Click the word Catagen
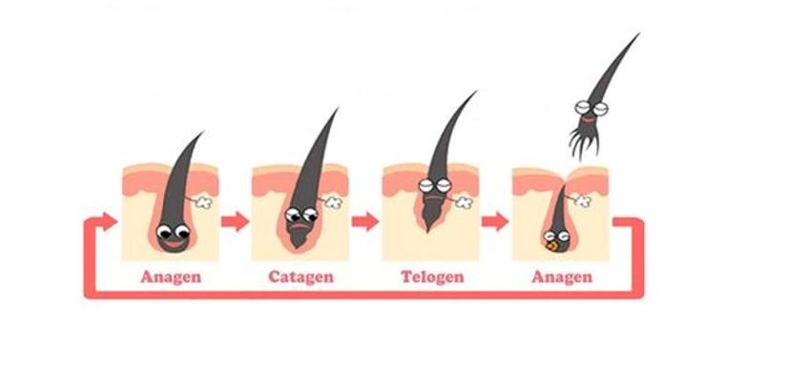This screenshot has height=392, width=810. point(301,277)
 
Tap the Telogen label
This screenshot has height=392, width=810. point(432,277)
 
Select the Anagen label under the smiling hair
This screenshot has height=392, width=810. point(171,277)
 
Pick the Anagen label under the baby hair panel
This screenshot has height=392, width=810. point(562,277)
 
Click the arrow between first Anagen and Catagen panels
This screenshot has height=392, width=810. point(235,221)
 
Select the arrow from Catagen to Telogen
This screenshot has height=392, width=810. point(365,221)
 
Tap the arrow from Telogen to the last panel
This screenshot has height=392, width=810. point(495,221)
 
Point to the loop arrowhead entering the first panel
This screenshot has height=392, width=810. point(109,221)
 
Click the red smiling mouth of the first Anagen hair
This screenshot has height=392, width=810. point(174,243)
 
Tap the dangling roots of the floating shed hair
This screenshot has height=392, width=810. point(584,142)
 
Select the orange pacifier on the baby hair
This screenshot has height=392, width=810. point(552,246)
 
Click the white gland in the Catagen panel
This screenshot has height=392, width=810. point(333,202)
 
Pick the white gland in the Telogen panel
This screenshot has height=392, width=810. point(464,202)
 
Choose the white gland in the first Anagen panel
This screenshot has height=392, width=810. point(203,202)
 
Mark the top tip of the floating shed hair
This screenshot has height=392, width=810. point(638,34)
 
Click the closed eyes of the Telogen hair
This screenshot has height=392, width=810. point(435,185)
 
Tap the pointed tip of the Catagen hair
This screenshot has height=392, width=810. point(338,109)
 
